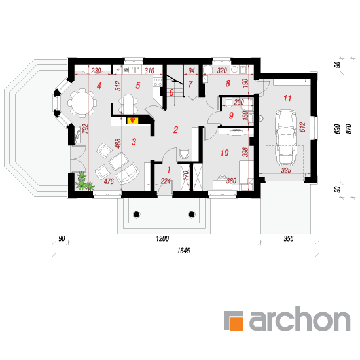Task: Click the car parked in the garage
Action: coord(285,137)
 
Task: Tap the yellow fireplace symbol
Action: coord(132,120)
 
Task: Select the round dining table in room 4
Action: coord(82,103)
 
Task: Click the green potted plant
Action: coord(84,181)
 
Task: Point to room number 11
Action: coord(287,98)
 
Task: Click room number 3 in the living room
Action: coord(134,141)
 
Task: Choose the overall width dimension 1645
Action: coord(183,251)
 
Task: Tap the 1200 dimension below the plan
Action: coord(162,238)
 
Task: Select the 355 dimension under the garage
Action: coord(289,238)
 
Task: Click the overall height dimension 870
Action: coord(348,129)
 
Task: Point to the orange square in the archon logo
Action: coord(236,324)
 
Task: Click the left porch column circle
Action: coord(136,215)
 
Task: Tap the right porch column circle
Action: coord(192,215)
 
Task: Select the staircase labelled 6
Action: coord(175,91)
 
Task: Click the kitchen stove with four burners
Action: coord(158,82)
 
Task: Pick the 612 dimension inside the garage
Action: coord(302,127)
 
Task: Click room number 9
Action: coord(231,115)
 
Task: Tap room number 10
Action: coord(225,153)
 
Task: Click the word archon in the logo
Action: coord(300,319)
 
